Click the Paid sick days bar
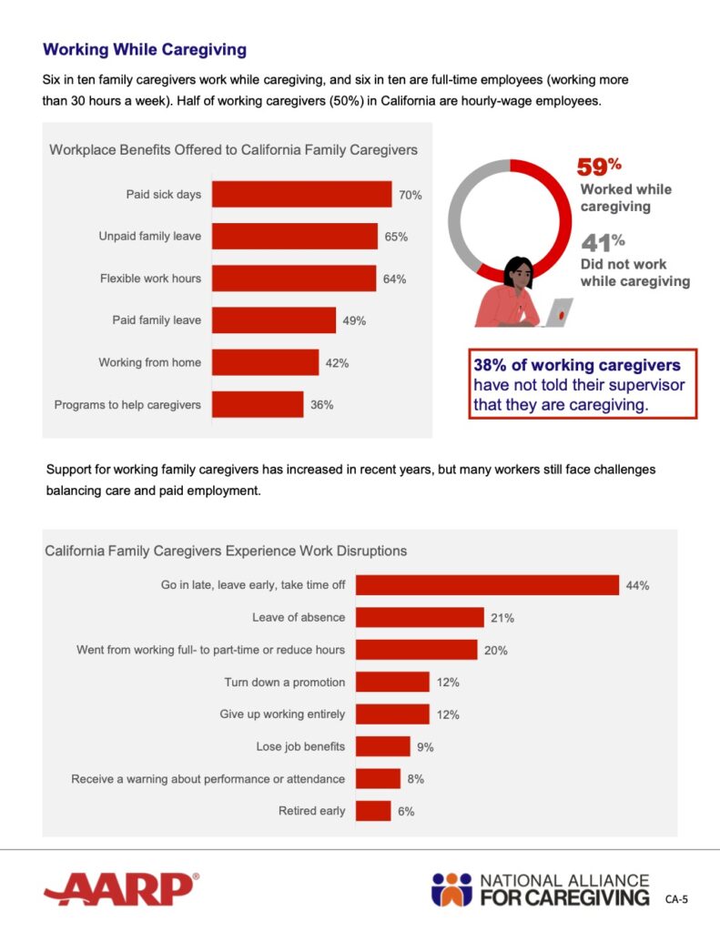(301, 195)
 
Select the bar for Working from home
(265, 362)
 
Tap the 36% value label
(322, 404)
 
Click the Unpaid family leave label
(149, 237)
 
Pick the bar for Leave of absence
(420, 617)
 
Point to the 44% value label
(637, 585)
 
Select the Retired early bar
(373, 811)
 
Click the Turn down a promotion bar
(392, 682)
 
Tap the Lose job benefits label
(300, 746)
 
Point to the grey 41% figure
(603, 243)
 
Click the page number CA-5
(676, 899)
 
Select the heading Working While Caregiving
(145, 49)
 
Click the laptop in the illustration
(557, 313)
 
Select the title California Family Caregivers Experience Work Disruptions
(226, 551)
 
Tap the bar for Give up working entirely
(392, 714)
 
